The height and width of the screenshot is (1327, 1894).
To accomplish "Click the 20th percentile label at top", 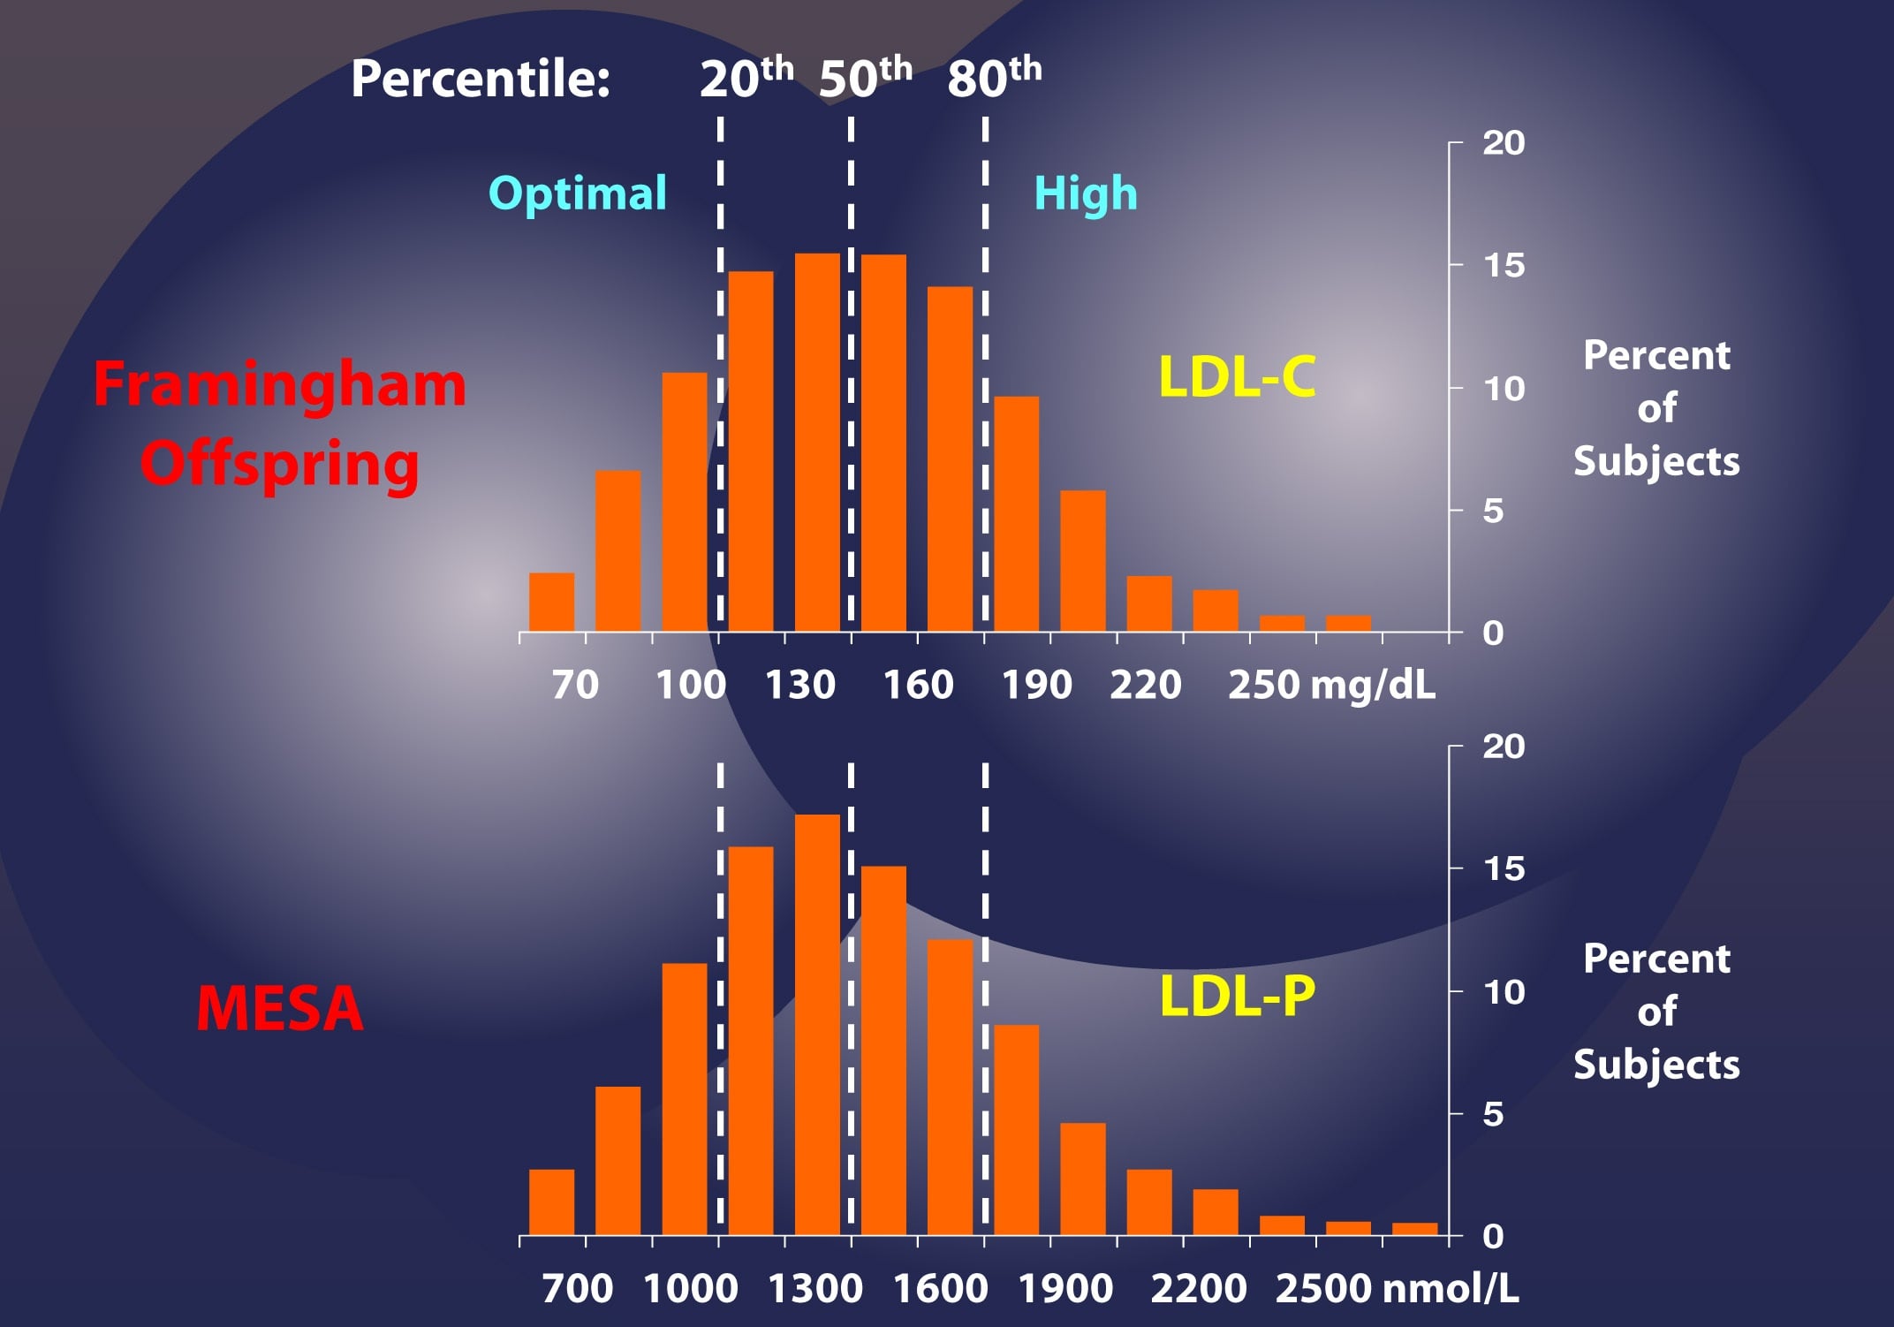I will (746, 78).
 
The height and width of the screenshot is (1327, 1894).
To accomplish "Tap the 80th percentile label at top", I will (994, 78).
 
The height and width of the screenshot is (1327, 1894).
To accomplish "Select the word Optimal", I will (578, 193).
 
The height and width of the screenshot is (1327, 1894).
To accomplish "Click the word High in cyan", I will (1086, 193).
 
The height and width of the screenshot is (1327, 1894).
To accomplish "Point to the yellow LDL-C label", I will (1237, 376).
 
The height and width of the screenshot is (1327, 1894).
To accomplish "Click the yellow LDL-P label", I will (1237, 996).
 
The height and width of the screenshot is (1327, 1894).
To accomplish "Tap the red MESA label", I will (280, 1008).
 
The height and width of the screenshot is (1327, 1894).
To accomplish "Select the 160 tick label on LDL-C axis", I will (919, 685).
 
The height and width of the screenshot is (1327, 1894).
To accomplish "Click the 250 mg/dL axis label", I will (1331, 685).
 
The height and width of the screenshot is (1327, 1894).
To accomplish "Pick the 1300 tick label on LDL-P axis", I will (814, 1288).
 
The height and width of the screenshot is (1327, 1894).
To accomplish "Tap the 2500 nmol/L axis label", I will (1396, 1288).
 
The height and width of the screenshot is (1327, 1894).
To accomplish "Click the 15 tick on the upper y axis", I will (1504, 265).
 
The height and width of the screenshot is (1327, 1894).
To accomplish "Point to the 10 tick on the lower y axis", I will (1504, 992).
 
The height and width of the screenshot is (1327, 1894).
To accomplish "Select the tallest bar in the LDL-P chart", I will (817, 1025).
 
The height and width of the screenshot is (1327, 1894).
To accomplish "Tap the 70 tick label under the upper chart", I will (575, 685).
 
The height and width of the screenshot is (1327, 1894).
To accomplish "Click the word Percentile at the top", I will (481, 79).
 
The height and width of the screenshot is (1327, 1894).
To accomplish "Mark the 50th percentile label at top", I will (865, 78).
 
